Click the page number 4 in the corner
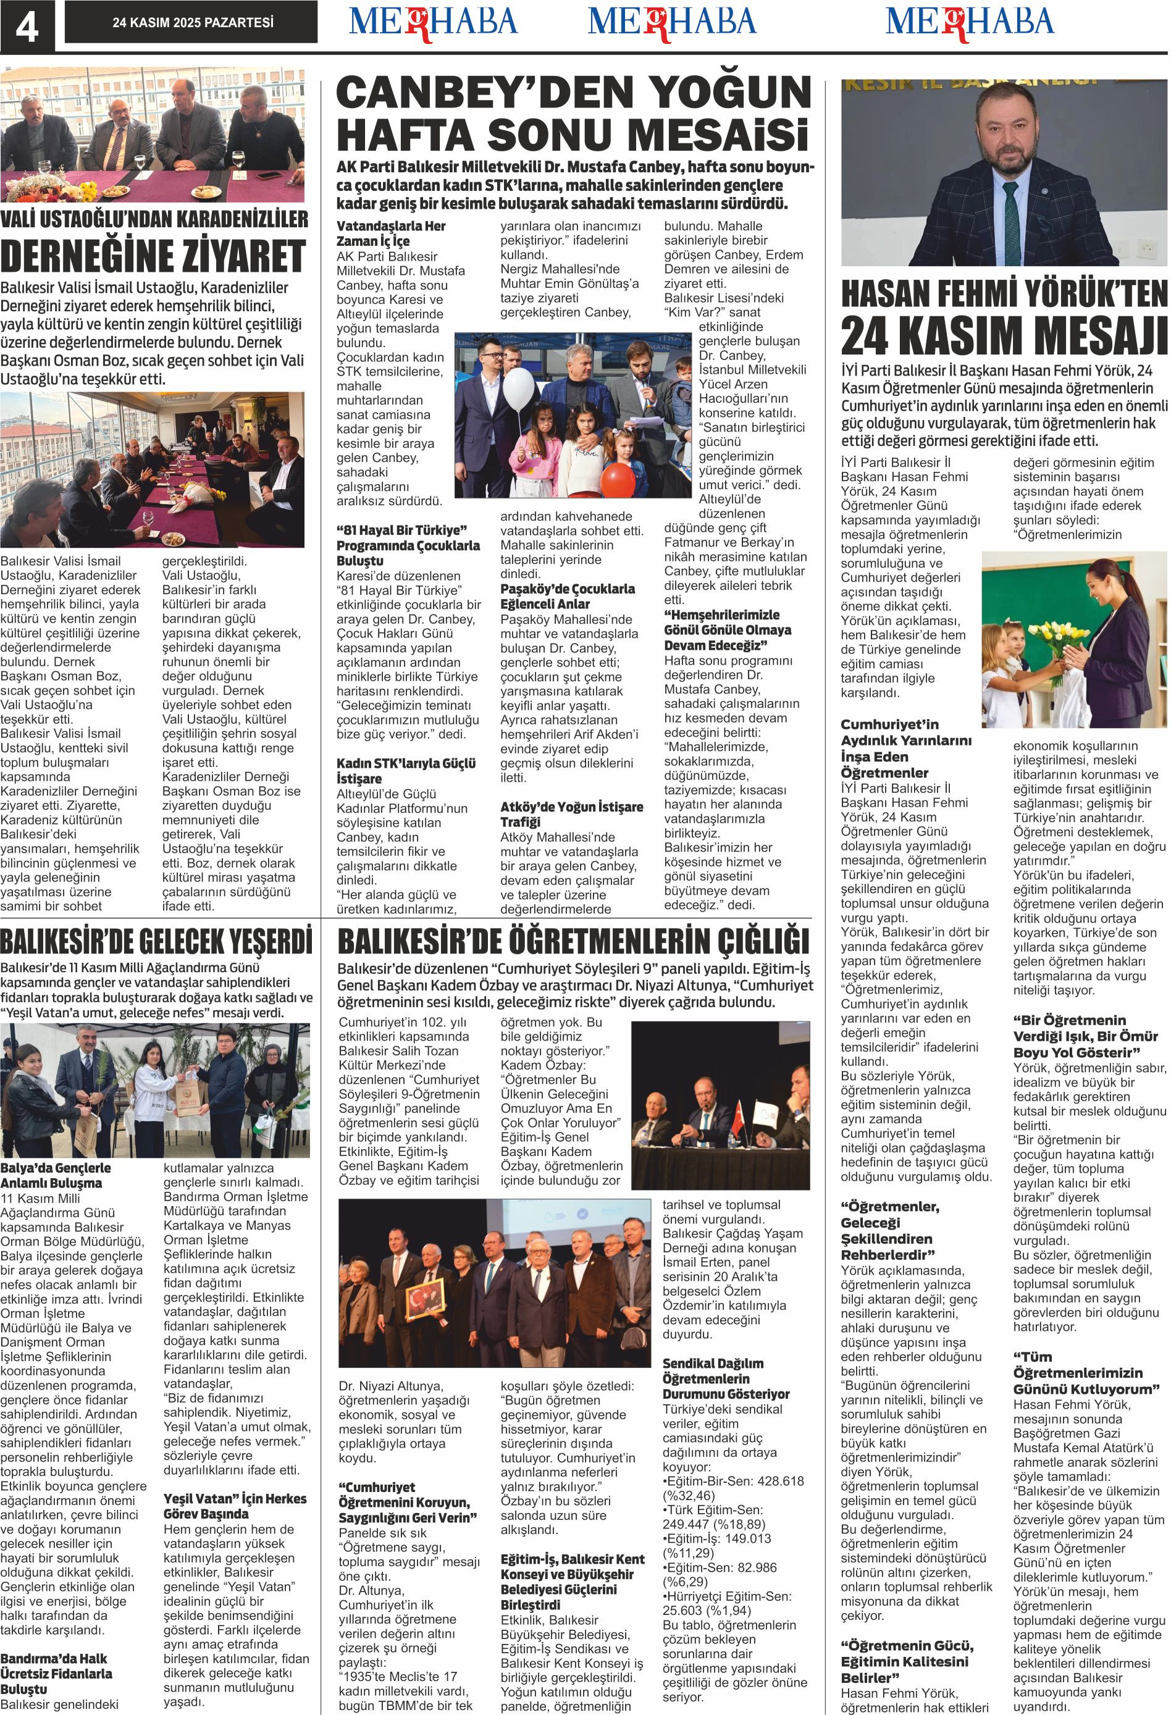27,27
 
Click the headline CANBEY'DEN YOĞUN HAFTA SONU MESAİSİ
573,115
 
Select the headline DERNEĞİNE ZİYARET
153,254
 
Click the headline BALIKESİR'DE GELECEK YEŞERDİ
156,942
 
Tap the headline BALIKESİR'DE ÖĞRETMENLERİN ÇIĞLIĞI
573,942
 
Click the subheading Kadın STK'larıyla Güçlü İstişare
406,770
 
